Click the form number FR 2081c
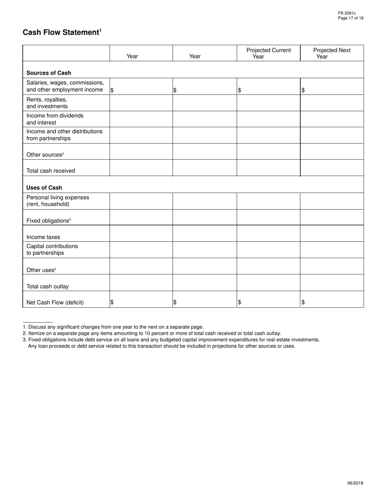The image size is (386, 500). pos(347,13)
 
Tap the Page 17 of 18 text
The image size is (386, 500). pos(351,18)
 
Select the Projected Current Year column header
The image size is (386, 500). pos(268,53)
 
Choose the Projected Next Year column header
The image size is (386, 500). pos(332,53)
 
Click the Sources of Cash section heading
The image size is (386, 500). pos(49,73)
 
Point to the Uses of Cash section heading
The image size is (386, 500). pos(44,187)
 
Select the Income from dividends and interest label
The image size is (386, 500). pos(55,119)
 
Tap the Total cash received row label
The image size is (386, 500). pos(51,171)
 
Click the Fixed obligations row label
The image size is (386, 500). pos(48,221)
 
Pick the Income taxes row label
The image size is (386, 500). pos(43,237)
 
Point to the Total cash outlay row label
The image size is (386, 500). pos(48,286)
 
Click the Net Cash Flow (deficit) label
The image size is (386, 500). pos(55,302)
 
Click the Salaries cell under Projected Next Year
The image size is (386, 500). pos(332,87)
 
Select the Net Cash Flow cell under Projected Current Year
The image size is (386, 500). pos(268,300)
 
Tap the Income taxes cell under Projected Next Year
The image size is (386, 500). pos(332,234)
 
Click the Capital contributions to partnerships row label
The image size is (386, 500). pos(52,250)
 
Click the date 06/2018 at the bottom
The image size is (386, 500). pos(355,483)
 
